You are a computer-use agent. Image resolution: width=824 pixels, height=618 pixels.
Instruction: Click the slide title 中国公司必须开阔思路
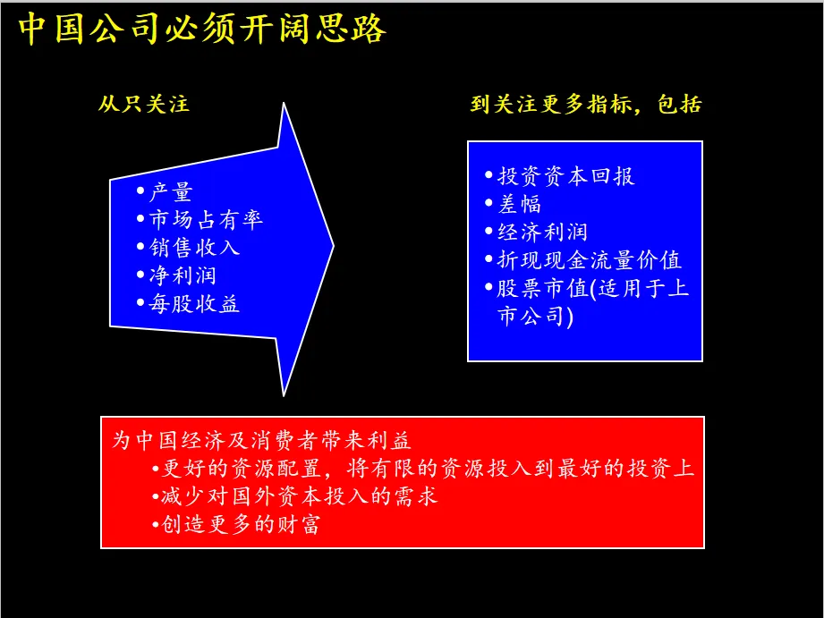tap(203, 30)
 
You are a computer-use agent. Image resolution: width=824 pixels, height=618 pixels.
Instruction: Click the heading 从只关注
tap(144, 104)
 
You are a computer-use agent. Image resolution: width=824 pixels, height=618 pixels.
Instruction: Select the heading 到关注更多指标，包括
tap(586, 104)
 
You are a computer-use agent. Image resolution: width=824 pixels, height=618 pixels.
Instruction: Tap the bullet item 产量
tap(170, 192)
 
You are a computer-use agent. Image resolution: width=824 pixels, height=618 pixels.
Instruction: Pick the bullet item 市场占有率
tap(205, 219)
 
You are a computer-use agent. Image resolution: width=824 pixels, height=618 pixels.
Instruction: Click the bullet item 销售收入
tap(193, 247)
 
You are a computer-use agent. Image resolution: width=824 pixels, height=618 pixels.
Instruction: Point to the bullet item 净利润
tap(182, 275)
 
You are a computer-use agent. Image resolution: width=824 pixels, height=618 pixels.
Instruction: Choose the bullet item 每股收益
tap(193, 303)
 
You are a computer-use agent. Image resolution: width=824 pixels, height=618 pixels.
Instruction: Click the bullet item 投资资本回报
tap(565, 176)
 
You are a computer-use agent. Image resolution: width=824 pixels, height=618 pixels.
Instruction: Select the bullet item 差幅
tap(519, 204)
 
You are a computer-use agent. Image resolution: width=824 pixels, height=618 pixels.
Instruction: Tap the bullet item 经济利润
tap(542, 232)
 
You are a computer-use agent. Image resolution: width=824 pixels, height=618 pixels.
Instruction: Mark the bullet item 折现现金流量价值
tap(589, 260)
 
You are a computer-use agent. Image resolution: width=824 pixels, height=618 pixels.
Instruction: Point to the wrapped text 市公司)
tap(534, 316)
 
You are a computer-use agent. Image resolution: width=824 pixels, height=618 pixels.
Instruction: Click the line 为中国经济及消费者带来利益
tap(261, 440)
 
